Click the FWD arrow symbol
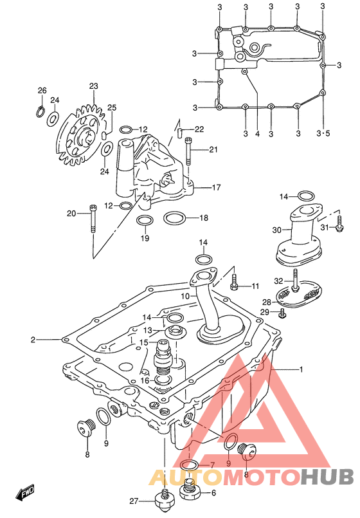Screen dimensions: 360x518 click(x=24, y=493)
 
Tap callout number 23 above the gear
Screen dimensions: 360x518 click(x=94, y=86)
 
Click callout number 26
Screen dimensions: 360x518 click(x=42, y=91)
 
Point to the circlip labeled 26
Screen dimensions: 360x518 click(x=40, y=111)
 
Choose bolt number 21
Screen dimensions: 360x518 click(x=188, y=151)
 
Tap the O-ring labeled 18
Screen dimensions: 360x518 click(x=175, y=217)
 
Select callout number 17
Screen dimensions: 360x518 click(x=216, y=188)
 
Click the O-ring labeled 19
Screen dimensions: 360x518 click(x=145, y=221)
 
